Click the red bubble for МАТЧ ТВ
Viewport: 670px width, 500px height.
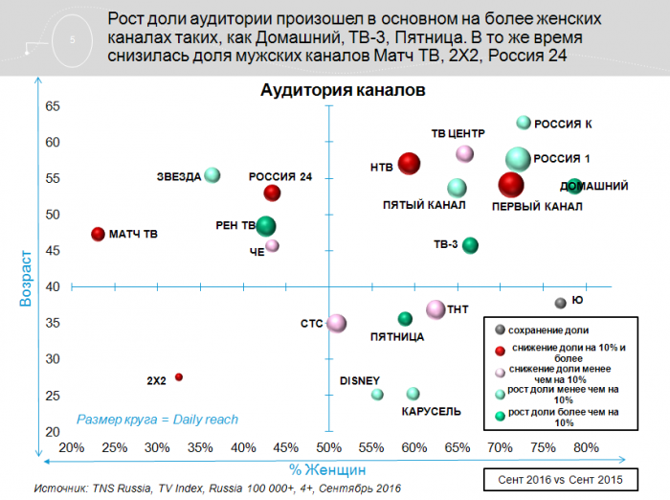click(97, 234)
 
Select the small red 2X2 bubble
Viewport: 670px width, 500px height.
click(179, 377)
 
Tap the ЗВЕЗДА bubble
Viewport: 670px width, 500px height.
click(212, 174)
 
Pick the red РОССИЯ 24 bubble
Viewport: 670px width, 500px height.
click(273, 193)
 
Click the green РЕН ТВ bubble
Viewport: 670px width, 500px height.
click(266, 226)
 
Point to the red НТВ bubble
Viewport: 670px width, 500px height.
click(409, 164)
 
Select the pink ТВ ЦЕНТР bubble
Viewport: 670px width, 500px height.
click(465, 153)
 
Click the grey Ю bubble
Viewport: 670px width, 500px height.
click(561, 303)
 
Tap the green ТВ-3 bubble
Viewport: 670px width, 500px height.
click(470, 245)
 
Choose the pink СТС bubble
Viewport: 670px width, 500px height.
click(336, 323)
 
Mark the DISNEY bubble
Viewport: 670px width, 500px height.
click(377, 394)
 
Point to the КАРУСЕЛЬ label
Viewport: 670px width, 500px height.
click(431, 411)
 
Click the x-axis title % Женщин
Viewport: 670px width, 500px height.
click(327, 469)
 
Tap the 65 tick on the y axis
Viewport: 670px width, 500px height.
click(54, 106)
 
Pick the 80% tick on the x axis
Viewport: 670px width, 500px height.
click(586, 447)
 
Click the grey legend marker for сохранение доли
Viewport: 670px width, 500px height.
click(499, 330)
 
